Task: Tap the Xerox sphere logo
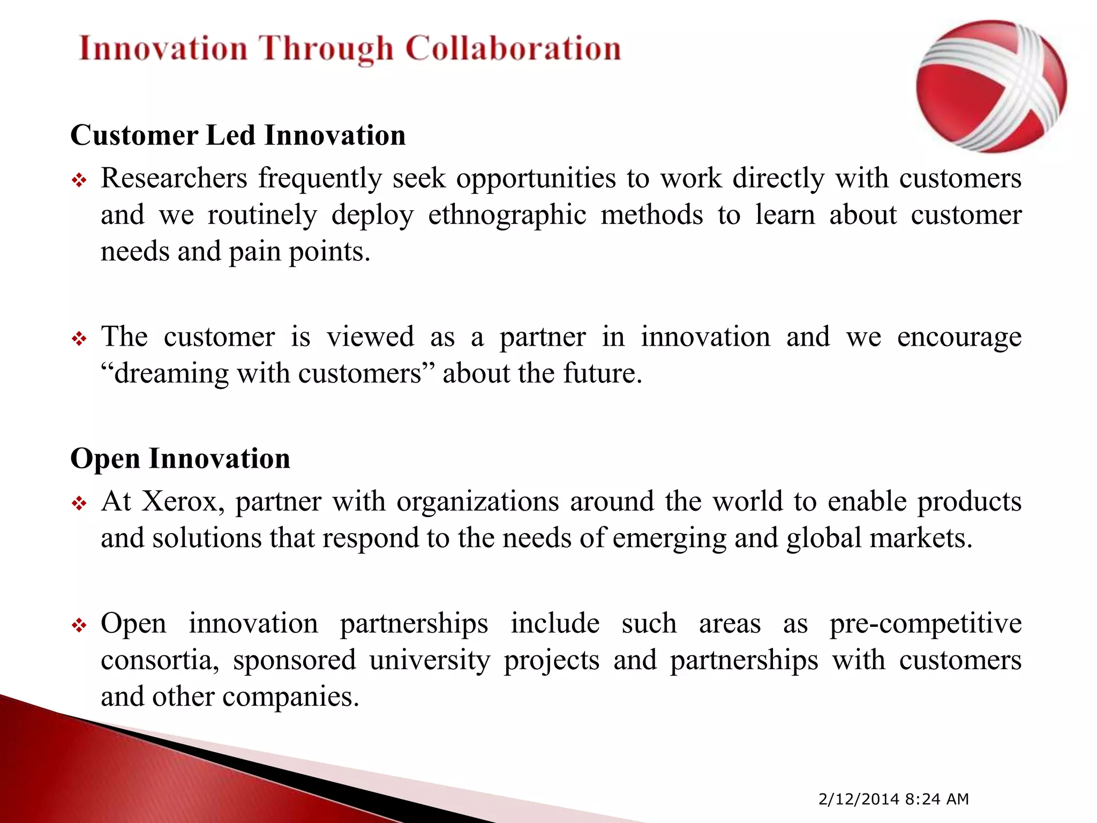[991, 87]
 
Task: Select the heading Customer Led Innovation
[238, 135]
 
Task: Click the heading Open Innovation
[180, 459]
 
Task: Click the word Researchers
[174, 178]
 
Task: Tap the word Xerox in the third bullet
[182, 502]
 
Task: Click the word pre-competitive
[925, 624]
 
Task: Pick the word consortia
[160, 660]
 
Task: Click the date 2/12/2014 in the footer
[859, 799]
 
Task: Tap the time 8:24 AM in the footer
[937, 799]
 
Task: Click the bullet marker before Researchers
[79, 181]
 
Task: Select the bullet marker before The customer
[79, 340]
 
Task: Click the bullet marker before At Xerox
[79, 504]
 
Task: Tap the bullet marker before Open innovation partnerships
[79, 626]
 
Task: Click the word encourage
[959, 338]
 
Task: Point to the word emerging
[669, 538]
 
